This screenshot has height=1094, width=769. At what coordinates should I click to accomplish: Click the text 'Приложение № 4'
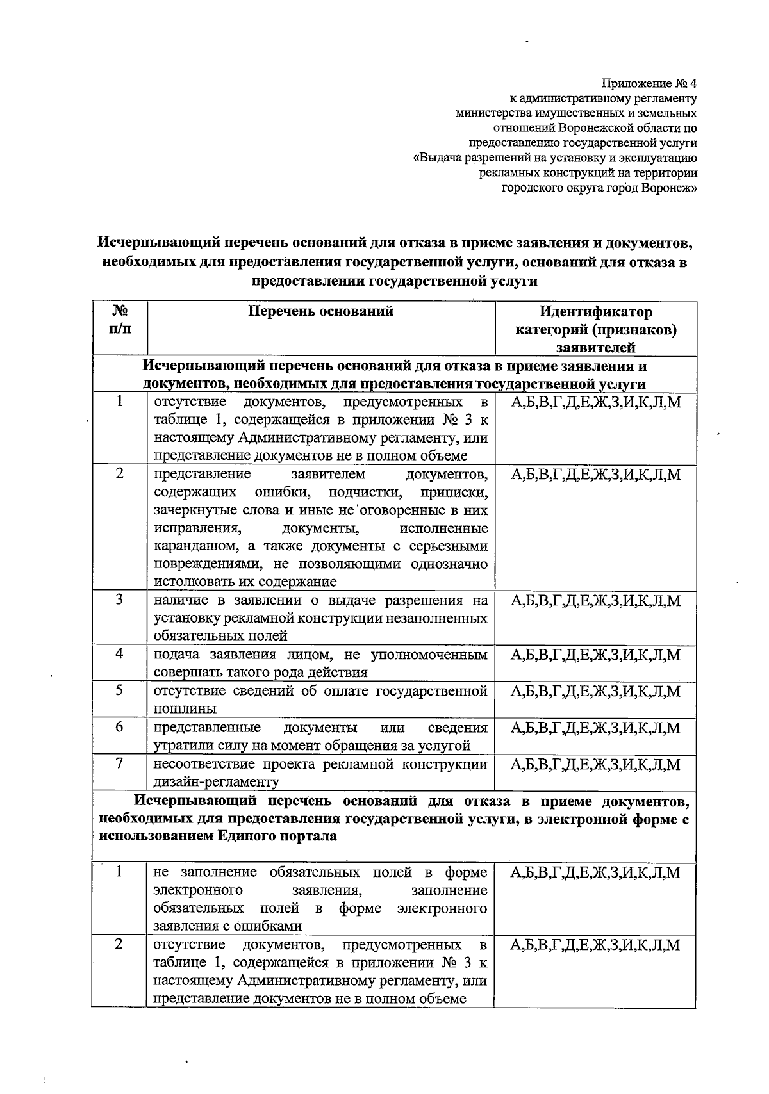click(x=648, y=84)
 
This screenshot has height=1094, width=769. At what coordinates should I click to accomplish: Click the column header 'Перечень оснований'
click(x=320, y=312)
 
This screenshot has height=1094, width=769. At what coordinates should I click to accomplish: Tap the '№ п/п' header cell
click(x=119, y=320)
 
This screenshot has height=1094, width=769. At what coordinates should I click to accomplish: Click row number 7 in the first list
click(x=119, y=763)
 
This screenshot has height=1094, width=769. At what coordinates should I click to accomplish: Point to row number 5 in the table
click(x=119, y=690)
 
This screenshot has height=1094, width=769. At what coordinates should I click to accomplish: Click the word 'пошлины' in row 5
click(x=185, y=709)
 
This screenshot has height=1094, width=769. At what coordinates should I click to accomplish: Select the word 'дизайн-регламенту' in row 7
click(x=216, y=782)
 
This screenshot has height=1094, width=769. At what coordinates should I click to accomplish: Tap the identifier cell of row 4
click(x=595, y=655)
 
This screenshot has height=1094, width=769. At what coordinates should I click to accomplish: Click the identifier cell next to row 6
click(x=595, y=728)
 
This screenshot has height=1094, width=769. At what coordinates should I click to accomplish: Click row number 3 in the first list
click(x=119, y=600)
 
